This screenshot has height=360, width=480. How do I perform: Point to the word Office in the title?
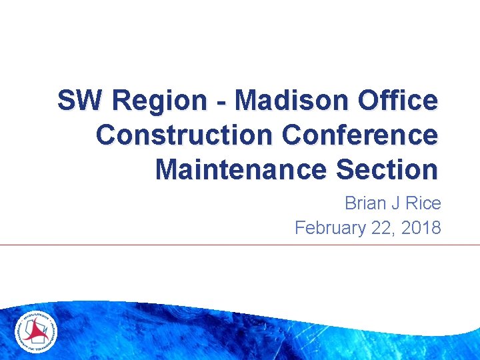click(x=398, y=101)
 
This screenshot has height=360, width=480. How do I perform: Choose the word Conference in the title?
click(x=360, y=135)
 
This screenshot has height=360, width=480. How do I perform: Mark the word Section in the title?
click(x=388, y=169)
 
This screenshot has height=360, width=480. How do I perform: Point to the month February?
click(x=330, y=228)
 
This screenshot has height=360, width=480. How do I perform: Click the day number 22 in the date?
click(x=383, y=228)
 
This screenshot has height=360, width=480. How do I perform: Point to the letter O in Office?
click(x=369, y=101)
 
